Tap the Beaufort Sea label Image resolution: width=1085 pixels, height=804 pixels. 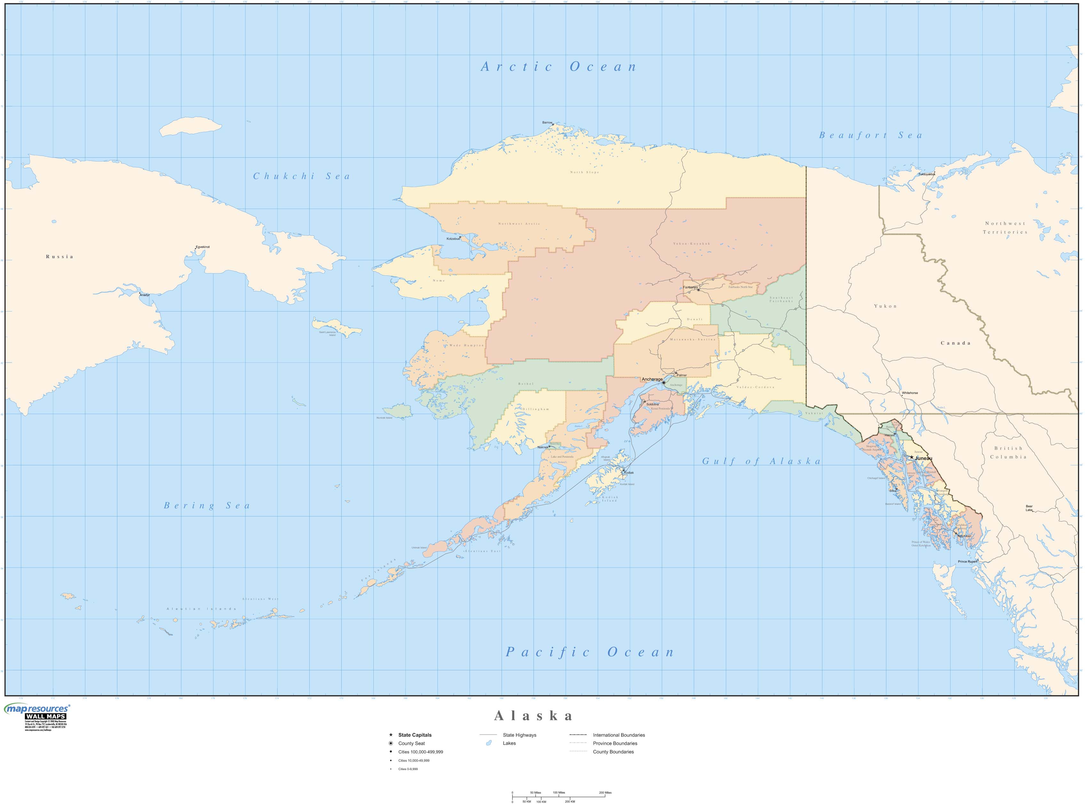click(x=870, y=135)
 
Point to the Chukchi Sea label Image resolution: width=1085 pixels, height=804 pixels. click(x=301, y=176)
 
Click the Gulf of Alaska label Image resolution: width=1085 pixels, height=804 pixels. click(x=761, y=461)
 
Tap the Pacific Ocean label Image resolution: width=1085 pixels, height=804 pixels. click(x=590, y=652)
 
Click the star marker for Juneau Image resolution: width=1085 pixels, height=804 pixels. click(x=911, y=457)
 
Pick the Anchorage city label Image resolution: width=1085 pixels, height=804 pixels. click(x=652, y=379)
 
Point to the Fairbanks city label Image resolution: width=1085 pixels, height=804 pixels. click(x=690, y=287)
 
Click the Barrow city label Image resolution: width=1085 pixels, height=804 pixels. click(x=547, y=122)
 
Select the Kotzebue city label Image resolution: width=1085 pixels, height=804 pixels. click(x=453, y=239)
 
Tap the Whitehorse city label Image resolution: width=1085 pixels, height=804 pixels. click(x=909, y=393)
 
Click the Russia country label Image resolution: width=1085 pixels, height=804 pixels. click(x=59, y=256)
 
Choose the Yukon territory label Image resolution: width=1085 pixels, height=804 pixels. click(x=885, y=306)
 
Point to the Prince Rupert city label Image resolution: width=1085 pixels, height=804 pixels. click(x=967, y=562)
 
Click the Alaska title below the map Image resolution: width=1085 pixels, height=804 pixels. click(x=534, y=715)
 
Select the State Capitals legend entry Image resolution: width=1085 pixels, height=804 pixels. click(x=415, y=735)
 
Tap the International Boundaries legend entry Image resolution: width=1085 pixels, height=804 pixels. click(x=619, y=735)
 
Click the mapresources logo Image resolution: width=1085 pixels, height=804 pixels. click(x=36, y=710)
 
